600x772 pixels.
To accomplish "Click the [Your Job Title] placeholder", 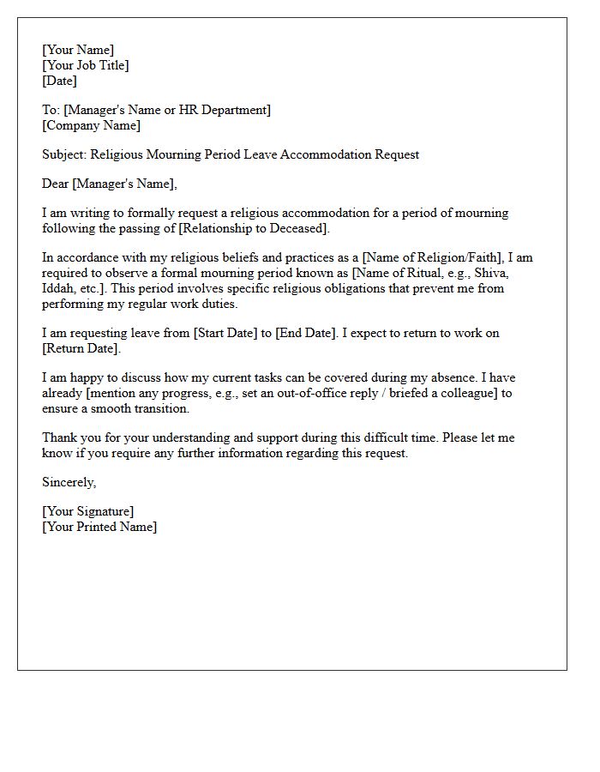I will (x=86, y=65).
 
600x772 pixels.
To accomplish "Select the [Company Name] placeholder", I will (x=91, y=125).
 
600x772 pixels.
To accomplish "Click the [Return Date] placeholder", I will (x=81, y=349).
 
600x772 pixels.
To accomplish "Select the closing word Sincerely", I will (x=69, y=483).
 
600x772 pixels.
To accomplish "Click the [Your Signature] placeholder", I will (x=88, y=512).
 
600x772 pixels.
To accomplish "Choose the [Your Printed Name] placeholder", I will (x=99, y=528).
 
